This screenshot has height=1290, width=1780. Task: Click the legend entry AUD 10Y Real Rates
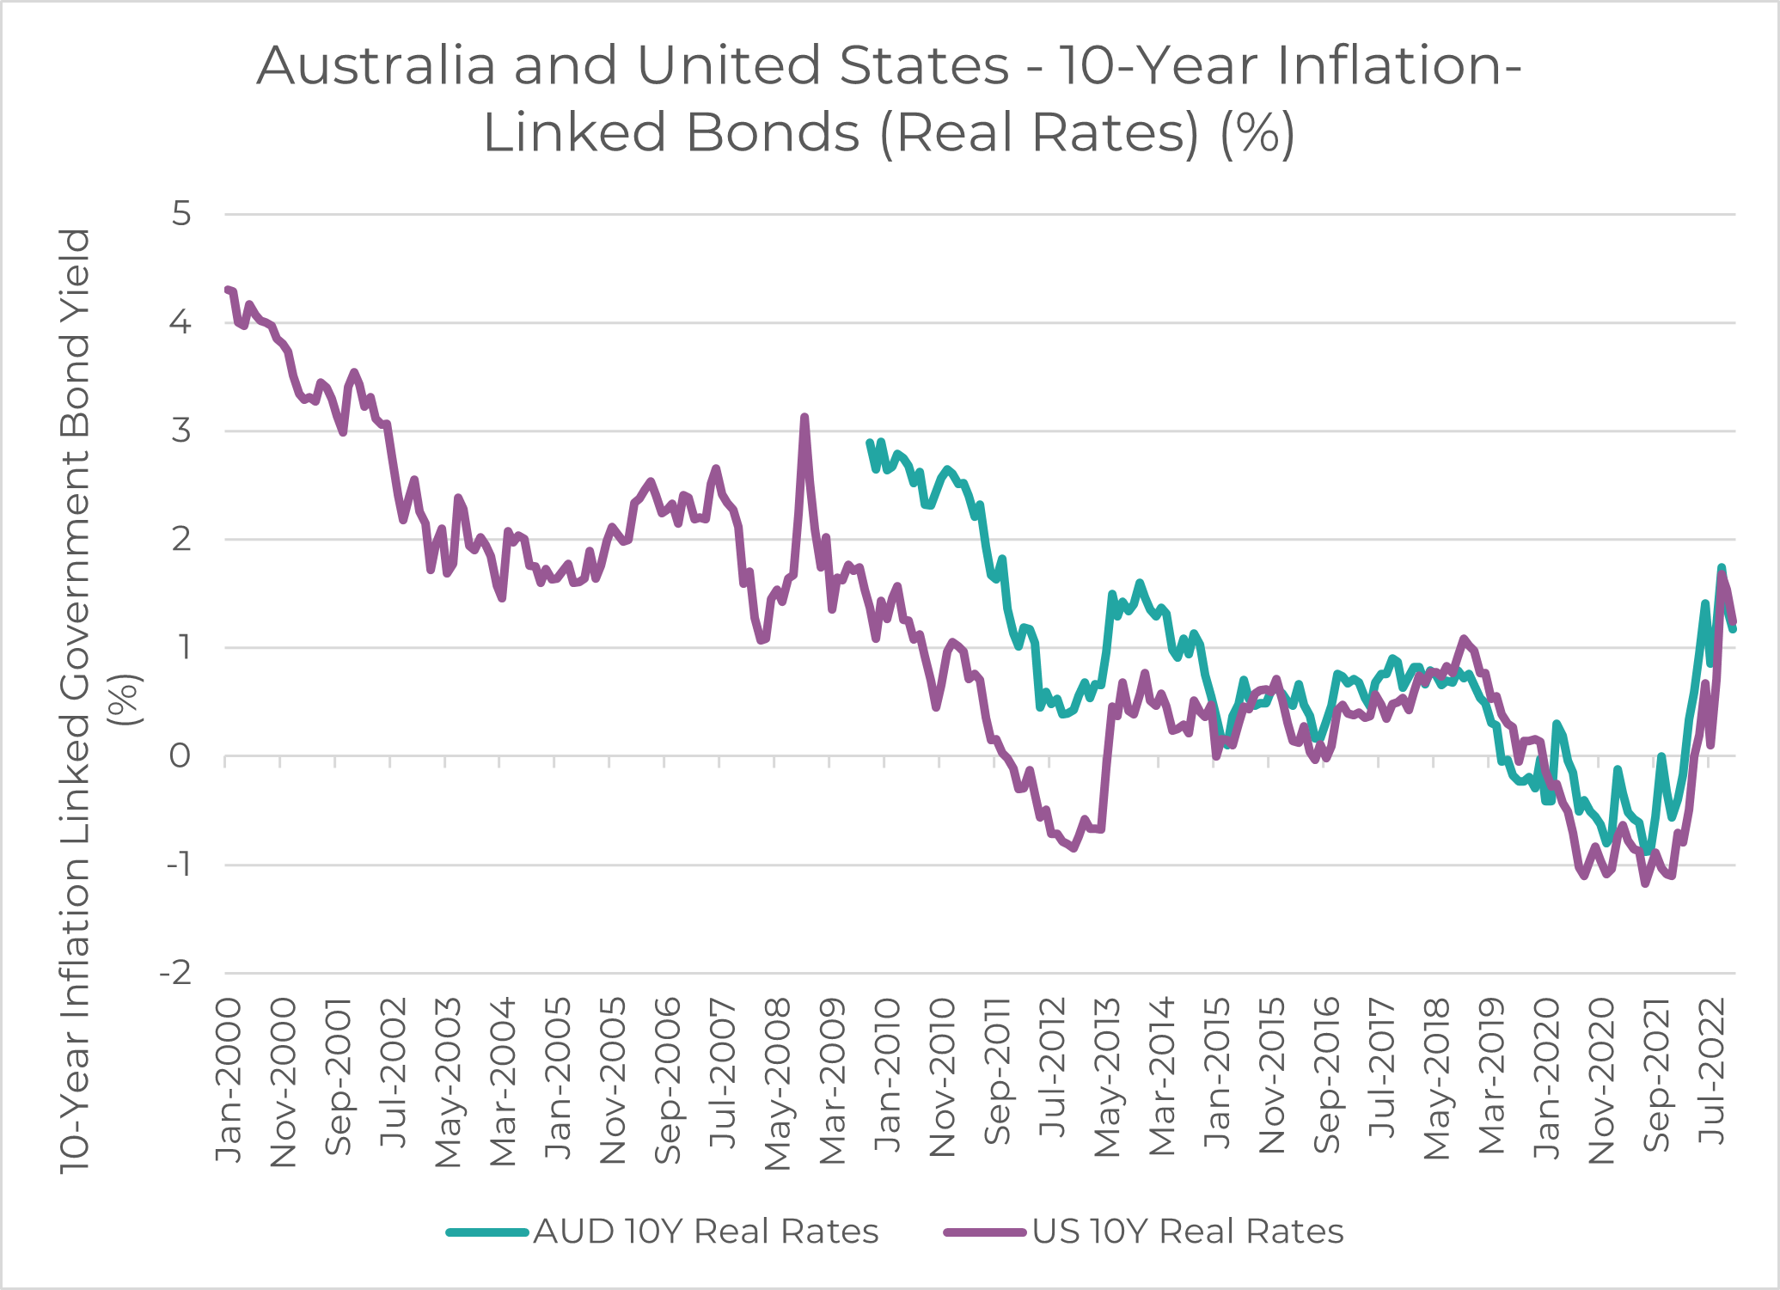[706, 1232]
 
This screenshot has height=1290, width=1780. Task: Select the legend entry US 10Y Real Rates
[1187, 1232]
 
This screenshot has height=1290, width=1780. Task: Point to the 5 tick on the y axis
[181, 213]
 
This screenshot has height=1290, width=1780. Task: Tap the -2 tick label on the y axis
[175, 973]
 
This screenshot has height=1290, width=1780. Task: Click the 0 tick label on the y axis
[180, 756]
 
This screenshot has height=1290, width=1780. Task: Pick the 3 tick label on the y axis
[181, 431]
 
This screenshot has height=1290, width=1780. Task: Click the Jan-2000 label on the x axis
[229, 1080]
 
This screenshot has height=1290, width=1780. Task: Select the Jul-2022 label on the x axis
[1713, 1070]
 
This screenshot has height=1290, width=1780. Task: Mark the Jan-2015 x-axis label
[1217, 1074]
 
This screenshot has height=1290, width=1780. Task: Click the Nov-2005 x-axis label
[613, 1080]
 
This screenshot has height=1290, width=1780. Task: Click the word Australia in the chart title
[376, 65]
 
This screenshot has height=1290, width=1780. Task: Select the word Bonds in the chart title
[773, 133]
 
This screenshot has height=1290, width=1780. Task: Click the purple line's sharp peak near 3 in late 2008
[804, 418]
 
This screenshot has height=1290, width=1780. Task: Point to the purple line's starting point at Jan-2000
[227, 290]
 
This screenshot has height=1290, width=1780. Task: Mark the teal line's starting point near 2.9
[869, 443]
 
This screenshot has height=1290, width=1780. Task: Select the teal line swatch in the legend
[486, 1232]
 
